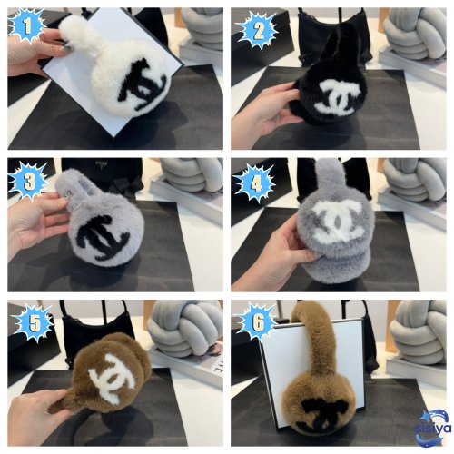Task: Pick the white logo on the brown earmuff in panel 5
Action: click(116, 374)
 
